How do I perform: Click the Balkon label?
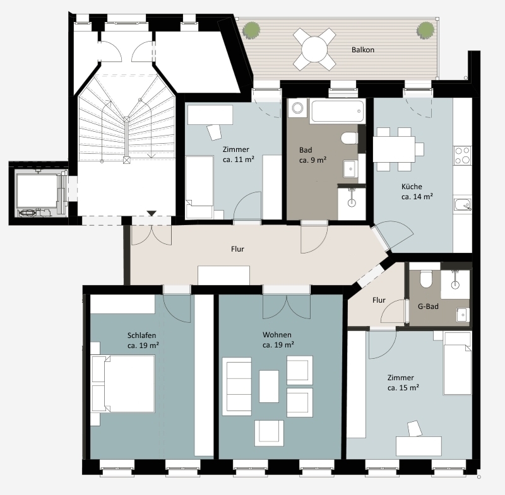point(362,50)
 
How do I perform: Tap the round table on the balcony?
point(314,49)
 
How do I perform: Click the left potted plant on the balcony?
point(251,30)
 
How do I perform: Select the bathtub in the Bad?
point(337,111)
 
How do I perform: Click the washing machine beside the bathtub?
point(298,108)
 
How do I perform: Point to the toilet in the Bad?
point(349,138)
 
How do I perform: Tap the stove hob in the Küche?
point(462,156)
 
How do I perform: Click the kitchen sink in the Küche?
point(463,205)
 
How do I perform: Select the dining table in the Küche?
point(394,149)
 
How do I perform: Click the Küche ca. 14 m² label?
point(417,192)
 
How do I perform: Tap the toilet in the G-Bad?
point(425,279)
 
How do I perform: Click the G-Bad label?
point(428,306)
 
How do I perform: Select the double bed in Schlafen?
point(123,383)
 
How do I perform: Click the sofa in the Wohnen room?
point(237,387)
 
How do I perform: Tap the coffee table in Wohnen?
point(269,387)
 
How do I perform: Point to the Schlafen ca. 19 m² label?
point(143,341)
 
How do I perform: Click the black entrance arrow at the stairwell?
point(151,213)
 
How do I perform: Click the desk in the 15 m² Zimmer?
point(419,446)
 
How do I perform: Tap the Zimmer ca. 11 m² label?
point(239,154)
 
